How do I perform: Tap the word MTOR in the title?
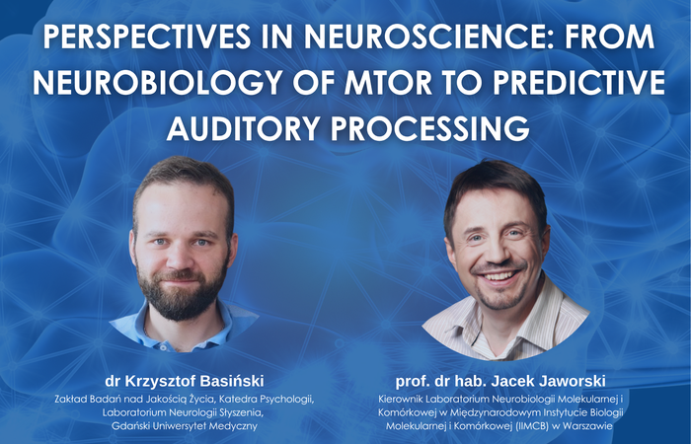coord(366,83)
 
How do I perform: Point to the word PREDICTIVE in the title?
coord(564,83)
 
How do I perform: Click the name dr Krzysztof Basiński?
coord(184,378)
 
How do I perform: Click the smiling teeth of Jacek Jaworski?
coord(500,275)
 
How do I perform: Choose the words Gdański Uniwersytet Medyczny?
coord(184,425)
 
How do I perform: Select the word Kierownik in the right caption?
coord(386,398)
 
